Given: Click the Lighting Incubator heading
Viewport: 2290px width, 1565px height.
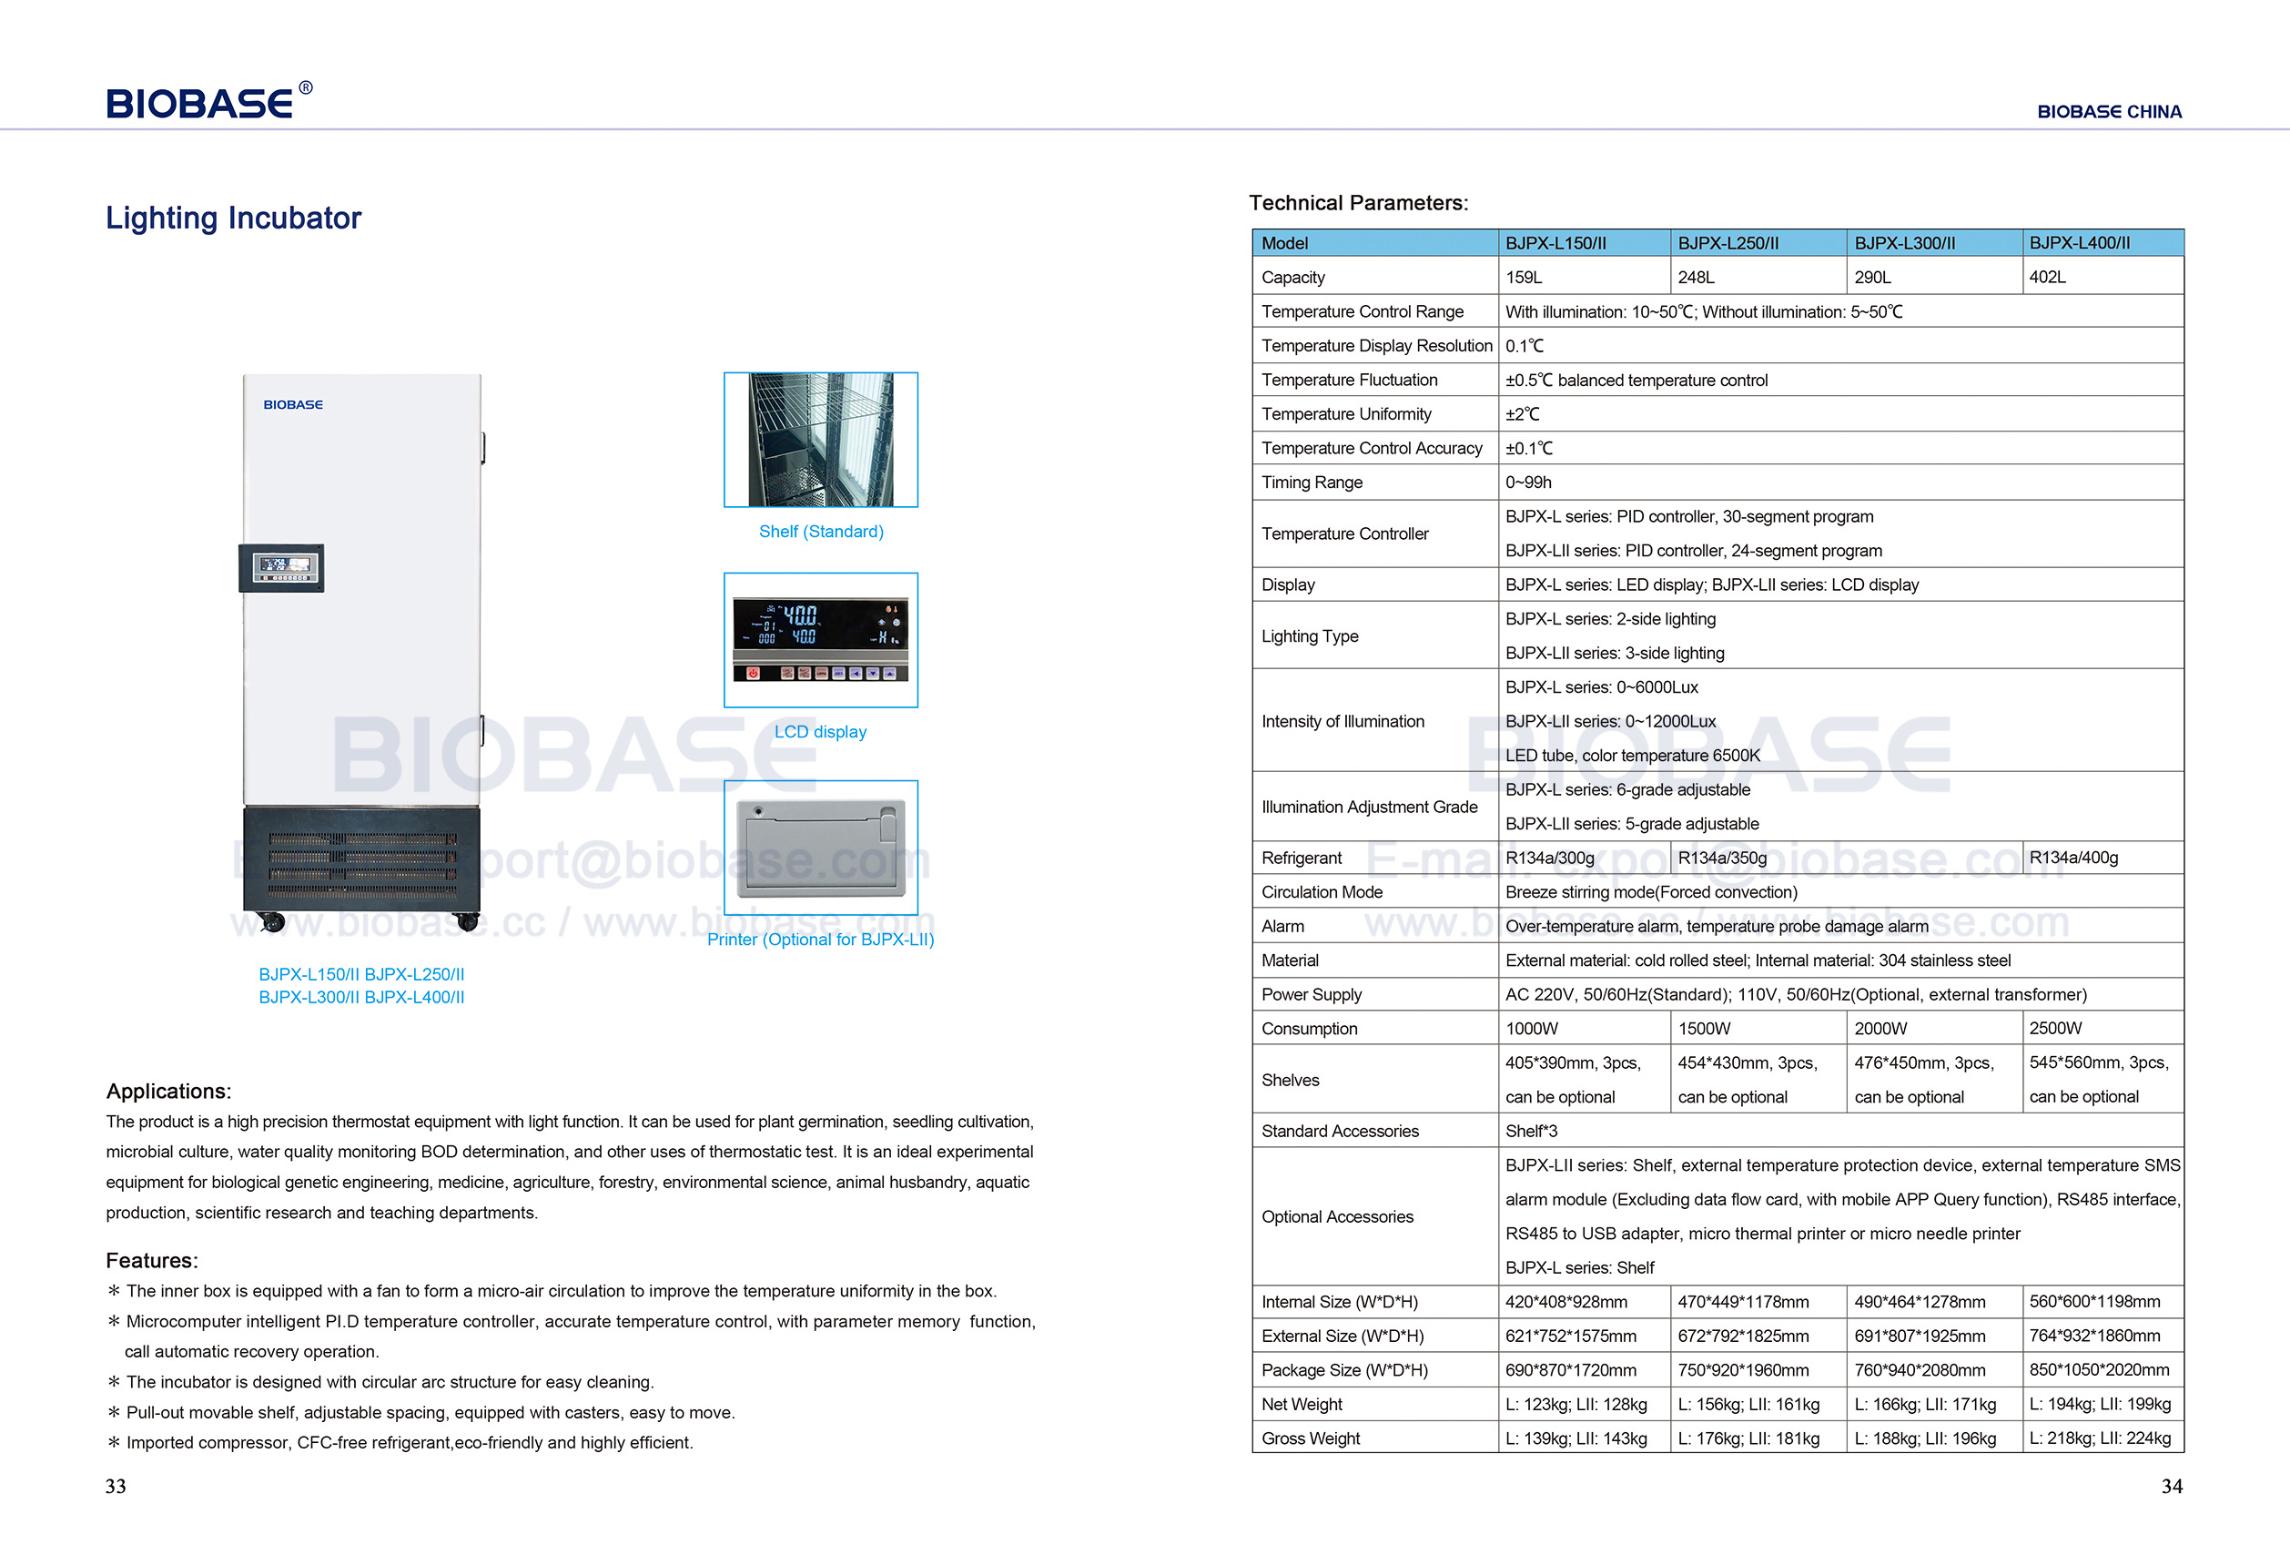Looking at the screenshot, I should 234,218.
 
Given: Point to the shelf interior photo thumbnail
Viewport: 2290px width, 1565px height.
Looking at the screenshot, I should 820,440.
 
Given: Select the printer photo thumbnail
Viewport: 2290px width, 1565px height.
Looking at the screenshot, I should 820,848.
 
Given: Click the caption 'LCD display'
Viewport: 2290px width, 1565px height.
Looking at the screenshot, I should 820,731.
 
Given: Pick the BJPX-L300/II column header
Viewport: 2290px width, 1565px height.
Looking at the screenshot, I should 1904,243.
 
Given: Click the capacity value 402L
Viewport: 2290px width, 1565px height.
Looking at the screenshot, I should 2047,277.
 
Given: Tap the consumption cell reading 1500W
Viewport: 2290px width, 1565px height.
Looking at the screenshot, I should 1704,1028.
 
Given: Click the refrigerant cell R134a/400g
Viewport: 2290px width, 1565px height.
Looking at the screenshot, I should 2073,858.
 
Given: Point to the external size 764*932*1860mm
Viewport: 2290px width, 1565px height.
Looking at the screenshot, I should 2094,1336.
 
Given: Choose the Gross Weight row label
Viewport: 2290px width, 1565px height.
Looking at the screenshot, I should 1310,1438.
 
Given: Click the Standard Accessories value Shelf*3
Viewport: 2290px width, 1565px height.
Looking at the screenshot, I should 1531,1131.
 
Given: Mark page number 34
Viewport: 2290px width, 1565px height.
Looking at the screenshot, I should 2172,1486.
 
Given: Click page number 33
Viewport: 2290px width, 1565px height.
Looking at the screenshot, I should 116,1486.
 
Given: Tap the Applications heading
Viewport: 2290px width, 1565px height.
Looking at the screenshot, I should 168,1091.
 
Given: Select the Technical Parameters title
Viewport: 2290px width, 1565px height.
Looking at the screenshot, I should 1358,203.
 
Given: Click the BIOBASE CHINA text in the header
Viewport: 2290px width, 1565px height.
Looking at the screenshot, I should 2109,111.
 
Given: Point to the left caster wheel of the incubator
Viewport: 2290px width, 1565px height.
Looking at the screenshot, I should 273,922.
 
